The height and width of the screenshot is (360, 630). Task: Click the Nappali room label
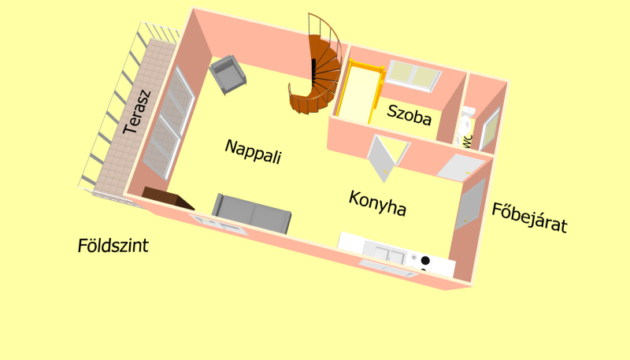pyautogui.click(x=253, y=151)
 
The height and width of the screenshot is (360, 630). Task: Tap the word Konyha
pyautogui.click(x=377, y=204)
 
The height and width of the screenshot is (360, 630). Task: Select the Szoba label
pyautogui.click(x=409, y=116)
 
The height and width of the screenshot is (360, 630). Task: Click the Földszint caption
pyautogui.click(x=113, y=246)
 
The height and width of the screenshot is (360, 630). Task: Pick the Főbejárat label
pyautogui.click(x=529, y=218)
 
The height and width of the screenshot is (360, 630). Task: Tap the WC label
pyautogui.click(x=467, y=142)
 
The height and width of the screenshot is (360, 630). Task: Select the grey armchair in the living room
pyautogui.click(x=228, y=74)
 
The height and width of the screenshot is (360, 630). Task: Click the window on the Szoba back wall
pyautogui.click(x=415, y=76)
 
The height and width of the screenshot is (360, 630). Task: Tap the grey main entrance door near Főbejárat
pyautogui.click(x=471, y=204)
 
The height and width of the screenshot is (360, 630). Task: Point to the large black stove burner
pyautogui.click(x=425, y=260)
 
